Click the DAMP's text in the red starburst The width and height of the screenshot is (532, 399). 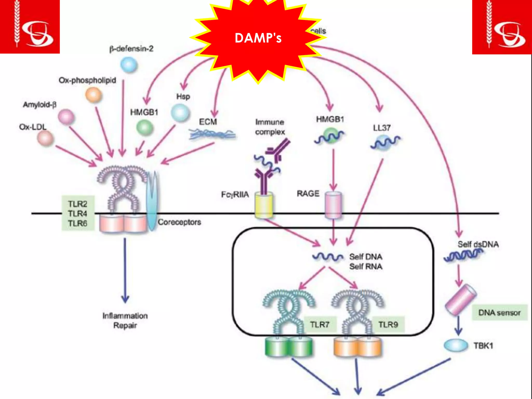(x=258, y=38)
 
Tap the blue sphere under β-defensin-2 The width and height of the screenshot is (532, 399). (x=129, y=65)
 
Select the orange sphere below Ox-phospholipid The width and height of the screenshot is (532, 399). (x=94, y=95)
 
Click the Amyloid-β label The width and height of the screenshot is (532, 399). (x=39, y=105)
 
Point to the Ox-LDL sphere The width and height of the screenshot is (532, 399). (x=45, y=138)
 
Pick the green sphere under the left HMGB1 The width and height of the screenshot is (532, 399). (x=145, y=128)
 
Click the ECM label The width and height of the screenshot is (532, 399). (x=208, y=122)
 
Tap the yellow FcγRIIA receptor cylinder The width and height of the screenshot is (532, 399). (x=264, y=205)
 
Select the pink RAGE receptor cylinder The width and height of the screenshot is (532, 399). (x=333, y=205)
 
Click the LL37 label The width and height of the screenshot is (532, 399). (x=382, y=128)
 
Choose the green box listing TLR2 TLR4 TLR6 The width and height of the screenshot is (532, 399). (x=78, y=213)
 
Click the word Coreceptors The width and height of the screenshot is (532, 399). (x=179, y=222)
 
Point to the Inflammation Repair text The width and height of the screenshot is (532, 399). (x=125, y=321)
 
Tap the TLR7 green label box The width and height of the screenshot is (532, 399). (x=320, y=324)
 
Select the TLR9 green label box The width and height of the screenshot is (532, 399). (x=388, y=324)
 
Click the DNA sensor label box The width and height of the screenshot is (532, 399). (x=499, y=312)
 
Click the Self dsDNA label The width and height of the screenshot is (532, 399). (x=478, y=244)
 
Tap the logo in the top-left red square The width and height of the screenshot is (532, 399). (x=30, y=26)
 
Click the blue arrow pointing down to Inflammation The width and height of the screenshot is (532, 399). (x=125, y=270)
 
